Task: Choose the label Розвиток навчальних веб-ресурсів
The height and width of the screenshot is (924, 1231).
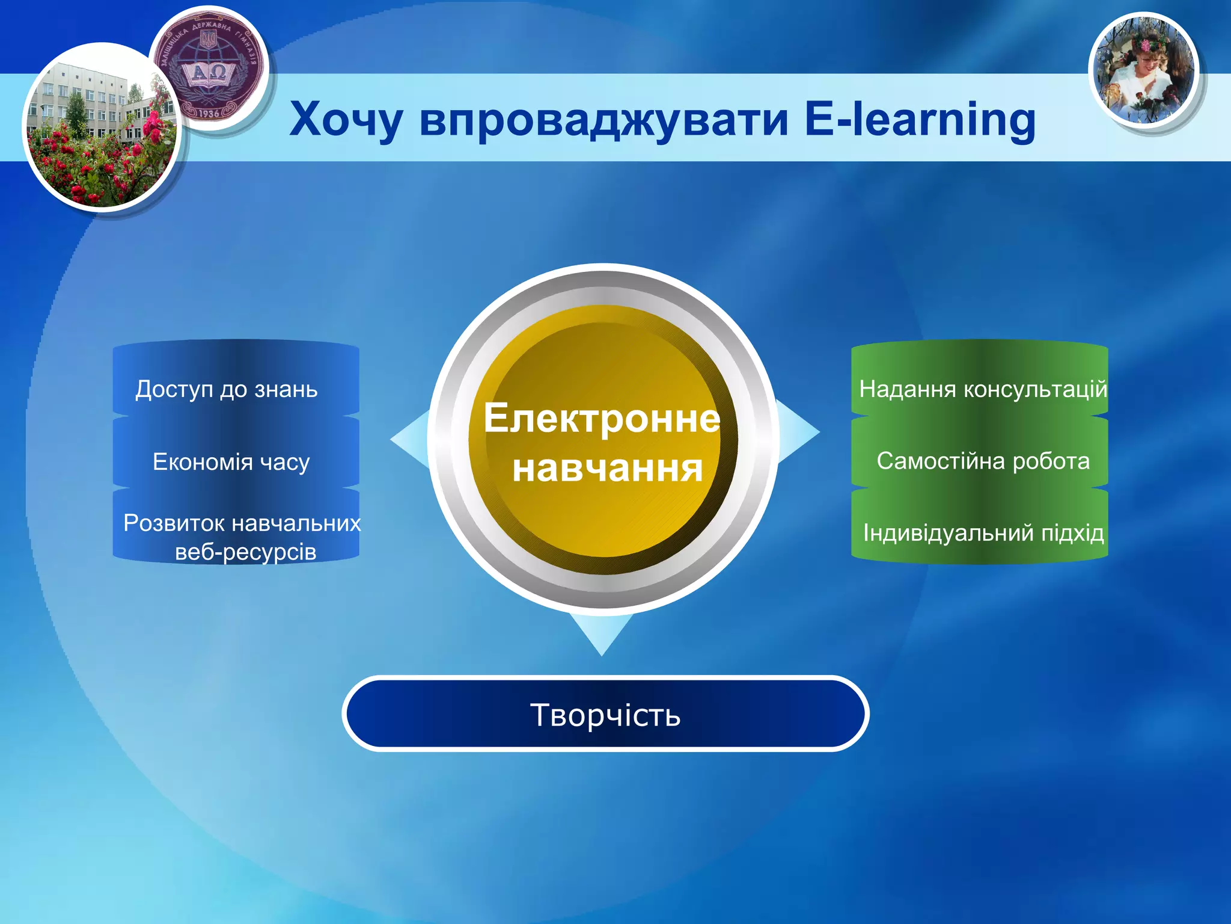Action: click(242, 537)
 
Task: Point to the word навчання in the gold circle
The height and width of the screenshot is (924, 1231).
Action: click(607, 469)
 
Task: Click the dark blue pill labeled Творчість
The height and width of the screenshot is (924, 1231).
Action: click(605, 715)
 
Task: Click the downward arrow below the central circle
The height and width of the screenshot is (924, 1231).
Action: click(601, 635)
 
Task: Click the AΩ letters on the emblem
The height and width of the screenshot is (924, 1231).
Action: click(208, 73)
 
